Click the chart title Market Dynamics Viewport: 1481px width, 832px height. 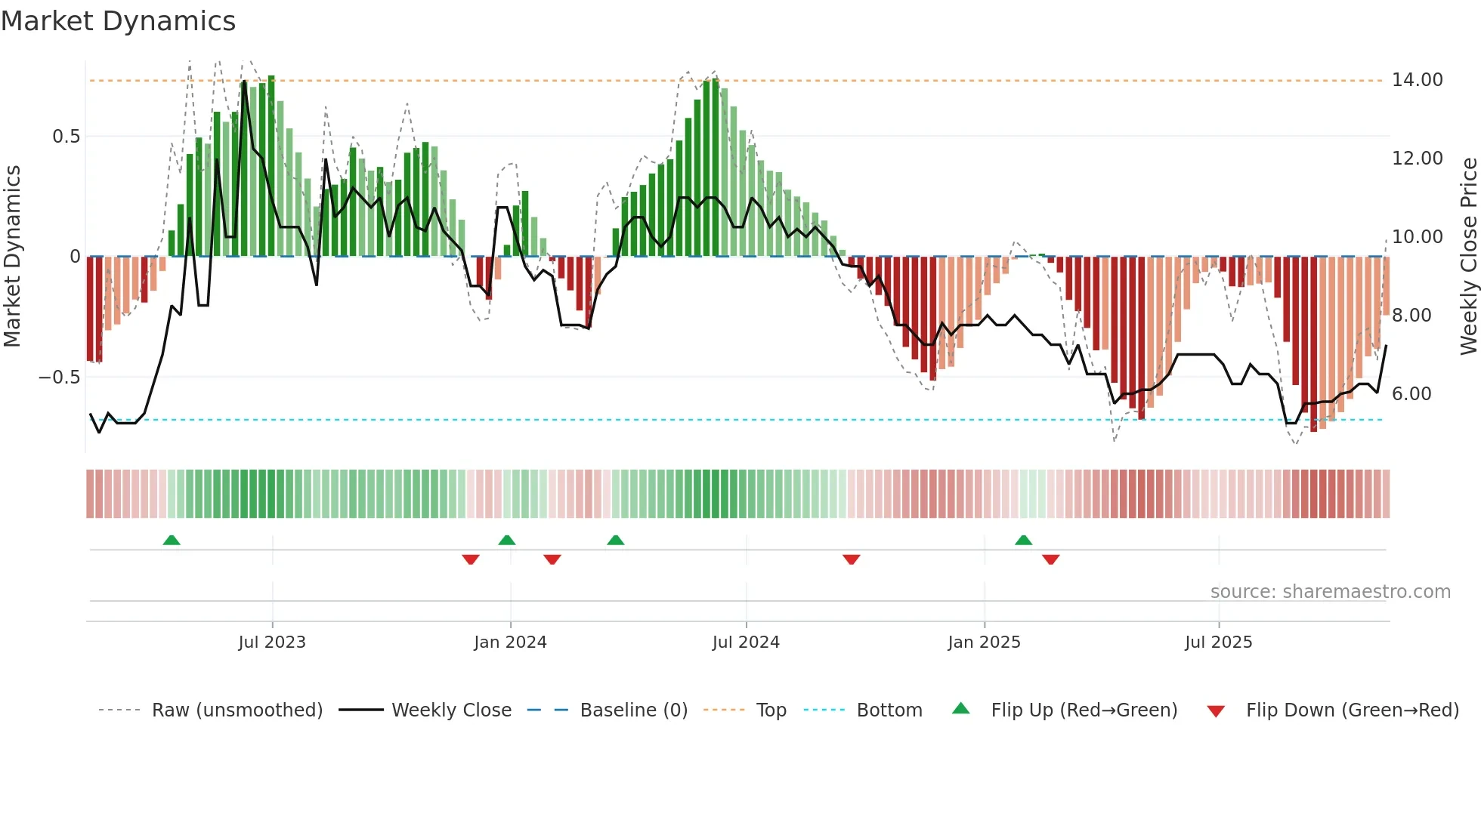[118, 21]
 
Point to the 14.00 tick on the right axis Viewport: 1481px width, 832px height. [1417, 80]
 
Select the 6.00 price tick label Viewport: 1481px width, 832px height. [1411, 394]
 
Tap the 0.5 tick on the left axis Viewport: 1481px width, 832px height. [66, 137]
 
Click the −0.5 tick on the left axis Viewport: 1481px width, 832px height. [60, 377]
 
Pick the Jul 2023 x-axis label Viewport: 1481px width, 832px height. [272, 642]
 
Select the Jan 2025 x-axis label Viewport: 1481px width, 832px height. [984, 642]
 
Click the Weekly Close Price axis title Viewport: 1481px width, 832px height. [1468, 257]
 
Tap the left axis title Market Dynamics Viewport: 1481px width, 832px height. [12, 257]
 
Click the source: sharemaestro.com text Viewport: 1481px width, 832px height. [1330, 592]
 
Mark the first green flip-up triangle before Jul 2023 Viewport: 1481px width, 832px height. [172, 541]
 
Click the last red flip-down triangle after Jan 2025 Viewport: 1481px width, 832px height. [1050, 559]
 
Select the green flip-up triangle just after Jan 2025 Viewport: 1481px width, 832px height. [1023, 541]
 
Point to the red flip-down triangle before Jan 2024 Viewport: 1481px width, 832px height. [471, 559]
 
